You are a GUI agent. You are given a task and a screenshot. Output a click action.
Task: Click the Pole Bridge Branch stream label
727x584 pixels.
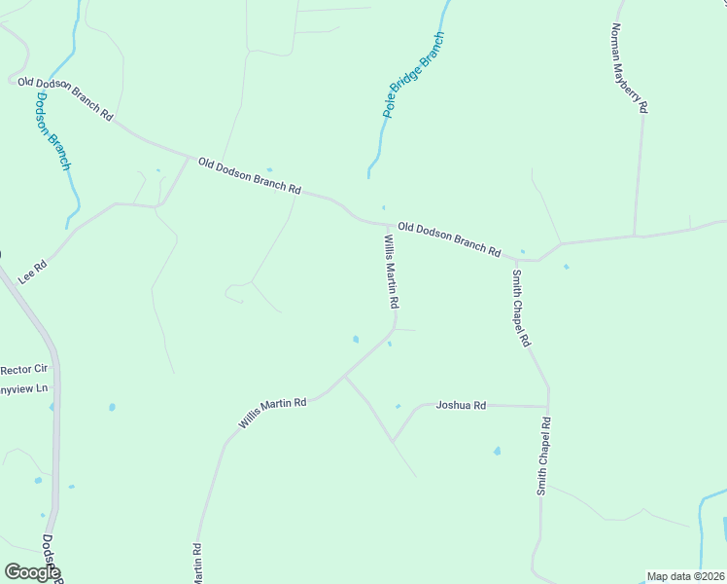pos(414,75)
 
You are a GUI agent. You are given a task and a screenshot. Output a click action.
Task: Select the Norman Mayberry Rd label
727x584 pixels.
pos(628,68)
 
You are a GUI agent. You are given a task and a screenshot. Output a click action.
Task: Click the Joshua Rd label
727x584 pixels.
pos(461,405)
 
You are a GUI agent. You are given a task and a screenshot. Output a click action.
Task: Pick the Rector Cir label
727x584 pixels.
pos(24,369)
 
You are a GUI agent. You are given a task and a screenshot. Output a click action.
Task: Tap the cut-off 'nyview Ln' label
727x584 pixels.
pos(24,389)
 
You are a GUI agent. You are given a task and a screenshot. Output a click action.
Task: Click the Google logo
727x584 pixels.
pos(31,572)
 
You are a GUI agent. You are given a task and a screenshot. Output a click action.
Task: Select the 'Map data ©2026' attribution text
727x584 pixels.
pos(685,576)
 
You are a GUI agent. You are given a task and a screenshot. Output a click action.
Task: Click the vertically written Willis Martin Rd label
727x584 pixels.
pos(391,272)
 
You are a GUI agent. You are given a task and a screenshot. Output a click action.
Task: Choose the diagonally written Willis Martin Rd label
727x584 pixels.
pos(273,413)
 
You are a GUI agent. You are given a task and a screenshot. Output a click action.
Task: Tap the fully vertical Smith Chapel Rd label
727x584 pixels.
pos(544,456)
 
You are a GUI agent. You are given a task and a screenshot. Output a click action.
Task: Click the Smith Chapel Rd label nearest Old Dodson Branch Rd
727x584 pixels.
pos(522,308)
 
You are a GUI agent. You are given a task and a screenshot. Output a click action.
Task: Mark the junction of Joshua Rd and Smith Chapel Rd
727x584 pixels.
pos(548,406)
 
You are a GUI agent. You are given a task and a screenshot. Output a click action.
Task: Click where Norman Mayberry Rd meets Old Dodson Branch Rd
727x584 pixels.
pos(635,236)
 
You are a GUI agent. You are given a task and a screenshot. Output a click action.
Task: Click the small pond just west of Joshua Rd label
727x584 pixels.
pos(398,406)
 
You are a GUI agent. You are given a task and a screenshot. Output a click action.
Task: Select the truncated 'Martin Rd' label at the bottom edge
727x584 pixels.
pos(197,564)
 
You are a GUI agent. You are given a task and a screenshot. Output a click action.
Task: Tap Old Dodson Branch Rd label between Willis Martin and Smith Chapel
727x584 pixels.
pos(449,239)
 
